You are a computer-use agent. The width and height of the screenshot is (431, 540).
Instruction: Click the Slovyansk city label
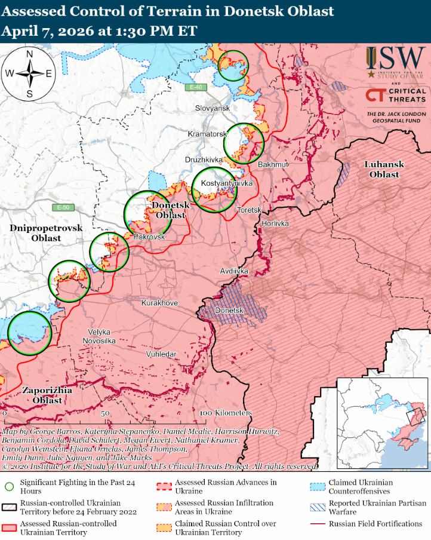pos(213,108)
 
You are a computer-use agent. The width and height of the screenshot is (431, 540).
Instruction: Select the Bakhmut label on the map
pos(273,164)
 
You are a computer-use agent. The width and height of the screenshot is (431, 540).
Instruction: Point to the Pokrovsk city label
pos(149,237)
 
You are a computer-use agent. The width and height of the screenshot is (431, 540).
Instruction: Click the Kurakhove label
pos(159,303)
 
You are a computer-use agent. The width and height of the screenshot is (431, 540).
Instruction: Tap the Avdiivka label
pos(234,271)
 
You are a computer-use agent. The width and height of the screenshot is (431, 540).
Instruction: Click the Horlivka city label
pos(275,223)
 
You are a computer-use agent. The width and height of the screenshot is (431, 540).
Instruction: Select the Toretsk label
pos(250,210)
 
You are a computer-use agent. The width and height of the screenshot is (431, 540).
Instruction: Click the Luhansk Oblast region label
pos(384,169)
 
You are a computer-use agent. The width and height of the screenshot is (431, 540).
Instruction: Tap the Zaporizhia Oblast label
pos(47,395)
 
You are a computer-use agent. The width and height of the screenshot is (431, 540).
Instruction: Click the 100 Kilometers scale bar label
pos(226,413)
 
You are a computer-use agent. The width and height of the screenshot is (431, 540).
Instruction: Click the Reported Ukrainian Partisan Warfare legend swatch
pos(318,508)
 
